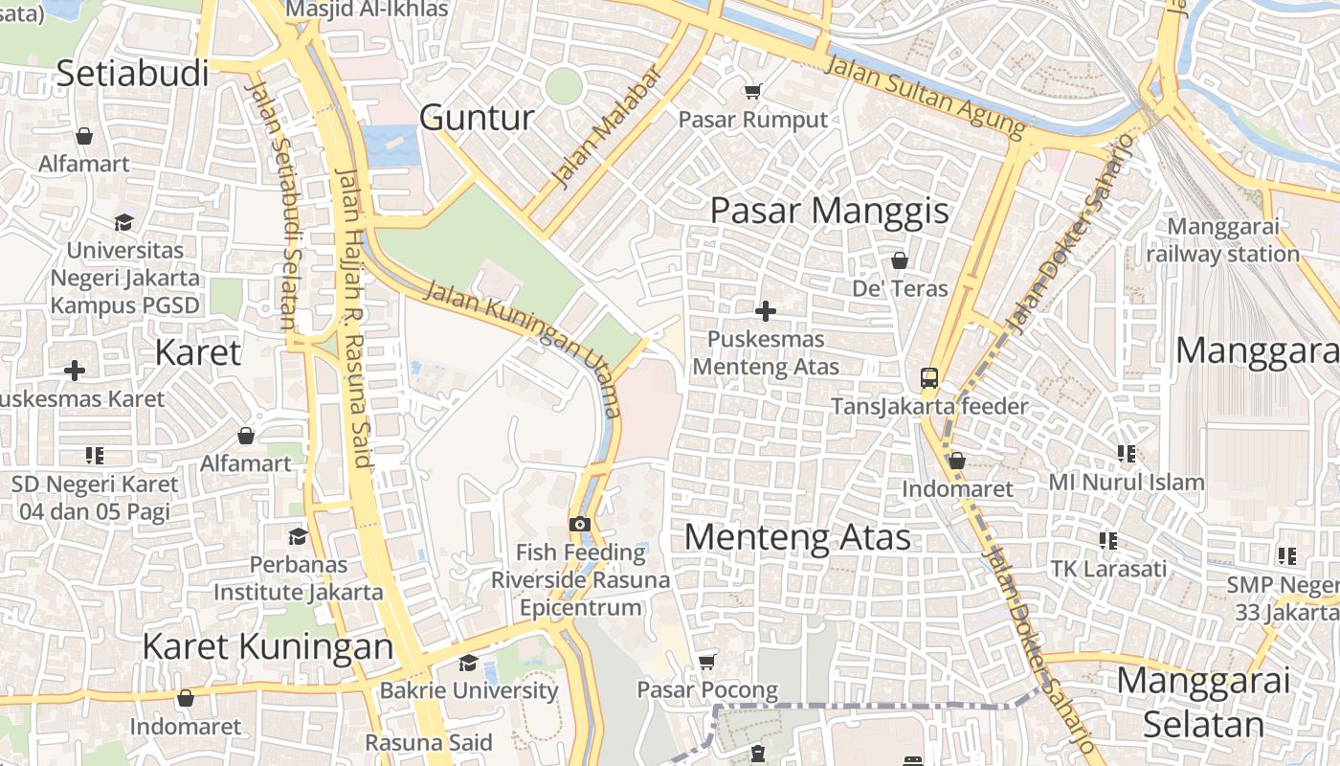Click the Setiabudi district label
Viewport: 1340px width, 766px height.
coord(132,73)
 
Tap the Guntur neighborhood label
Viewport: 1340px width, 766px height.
coord(477,118)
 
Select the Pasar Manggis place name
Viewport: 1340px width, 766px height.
coord(829,211)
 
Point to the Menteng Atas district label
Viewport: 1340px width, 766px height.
coord(797,536)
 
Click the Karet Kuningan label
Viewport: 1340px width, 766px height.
coord(268,646)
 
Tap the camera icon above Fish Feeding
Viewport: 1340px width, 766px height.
coord(579,524)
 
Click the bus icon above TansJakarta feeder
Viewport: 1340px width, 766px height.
coord(928,377)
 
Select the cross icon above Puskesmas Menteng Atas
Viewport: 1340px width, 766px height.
coord(766,311)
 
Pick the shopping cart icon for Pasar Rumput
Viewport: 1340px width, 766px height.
coord(752,91)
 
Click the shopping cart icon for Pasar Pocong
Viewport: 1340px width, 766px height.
coord(707,662)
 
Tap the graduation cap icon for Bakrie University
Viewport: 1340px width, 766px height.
coord(468,663)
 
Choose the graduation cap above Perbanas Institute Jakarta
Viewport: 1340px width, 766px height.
coord(298,536)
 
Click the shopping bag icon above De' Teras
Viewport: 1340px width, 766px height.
coord(900,259)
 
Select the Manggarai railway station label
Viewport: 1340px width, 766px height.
coord(1222,240)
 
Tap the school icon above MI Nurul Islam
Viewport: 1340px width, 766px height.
coord(1126,453)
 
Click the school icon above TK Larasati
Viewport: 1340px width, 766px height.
coord(1108,541)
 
